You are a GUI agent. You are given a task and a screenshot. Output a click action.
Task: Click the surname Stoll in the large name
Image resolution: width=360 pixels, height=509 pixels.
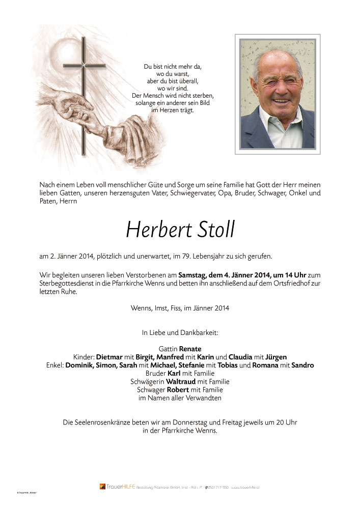point(211,230)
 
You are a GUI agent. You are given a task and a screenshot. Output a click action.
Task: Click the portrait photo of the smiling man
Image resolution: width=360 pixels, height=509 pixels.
point(278,94)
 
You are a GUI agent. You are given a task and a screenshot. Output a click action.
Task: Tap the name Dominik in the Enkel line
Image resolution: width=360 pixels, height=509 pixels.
point(81,365)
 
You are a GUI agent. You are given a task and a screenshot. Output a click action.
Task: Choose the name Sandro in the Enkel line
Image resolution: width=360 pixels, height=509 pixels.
point(303,365)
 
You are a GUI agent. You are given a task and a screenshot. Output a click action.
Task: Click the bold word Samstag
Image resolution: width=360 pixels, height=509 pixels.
point(193,274)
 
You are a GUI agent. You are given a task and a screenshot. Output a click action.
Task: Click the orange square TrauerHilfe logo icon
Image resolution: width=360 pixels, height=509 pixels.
point(102,486)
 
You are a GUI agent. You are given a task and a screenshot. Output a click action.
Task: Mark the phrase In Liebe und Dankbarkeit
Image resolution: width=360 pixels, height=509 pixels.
point(180,332)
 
